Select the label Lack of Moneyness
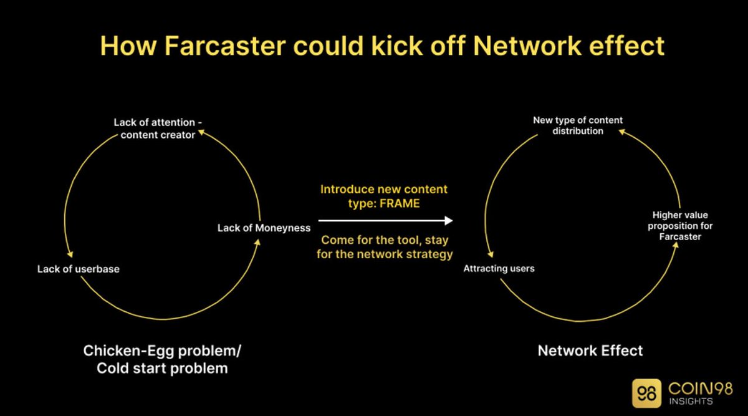tap(264, 228)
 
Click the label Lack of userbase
tap(78, 269)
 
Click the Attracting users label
tap(499, 269)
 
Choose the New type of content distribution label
tap(578, 125)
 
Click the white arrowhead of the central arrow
tap(448, 221)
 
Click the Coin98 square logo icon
tap(646, 394)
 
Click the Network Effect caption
tap(590, 351)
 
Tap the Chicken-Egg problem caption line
tap(162, 351)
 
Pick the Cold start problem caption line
tap(162, 368)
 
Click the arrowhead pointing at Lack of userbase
tap(72, 253)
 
